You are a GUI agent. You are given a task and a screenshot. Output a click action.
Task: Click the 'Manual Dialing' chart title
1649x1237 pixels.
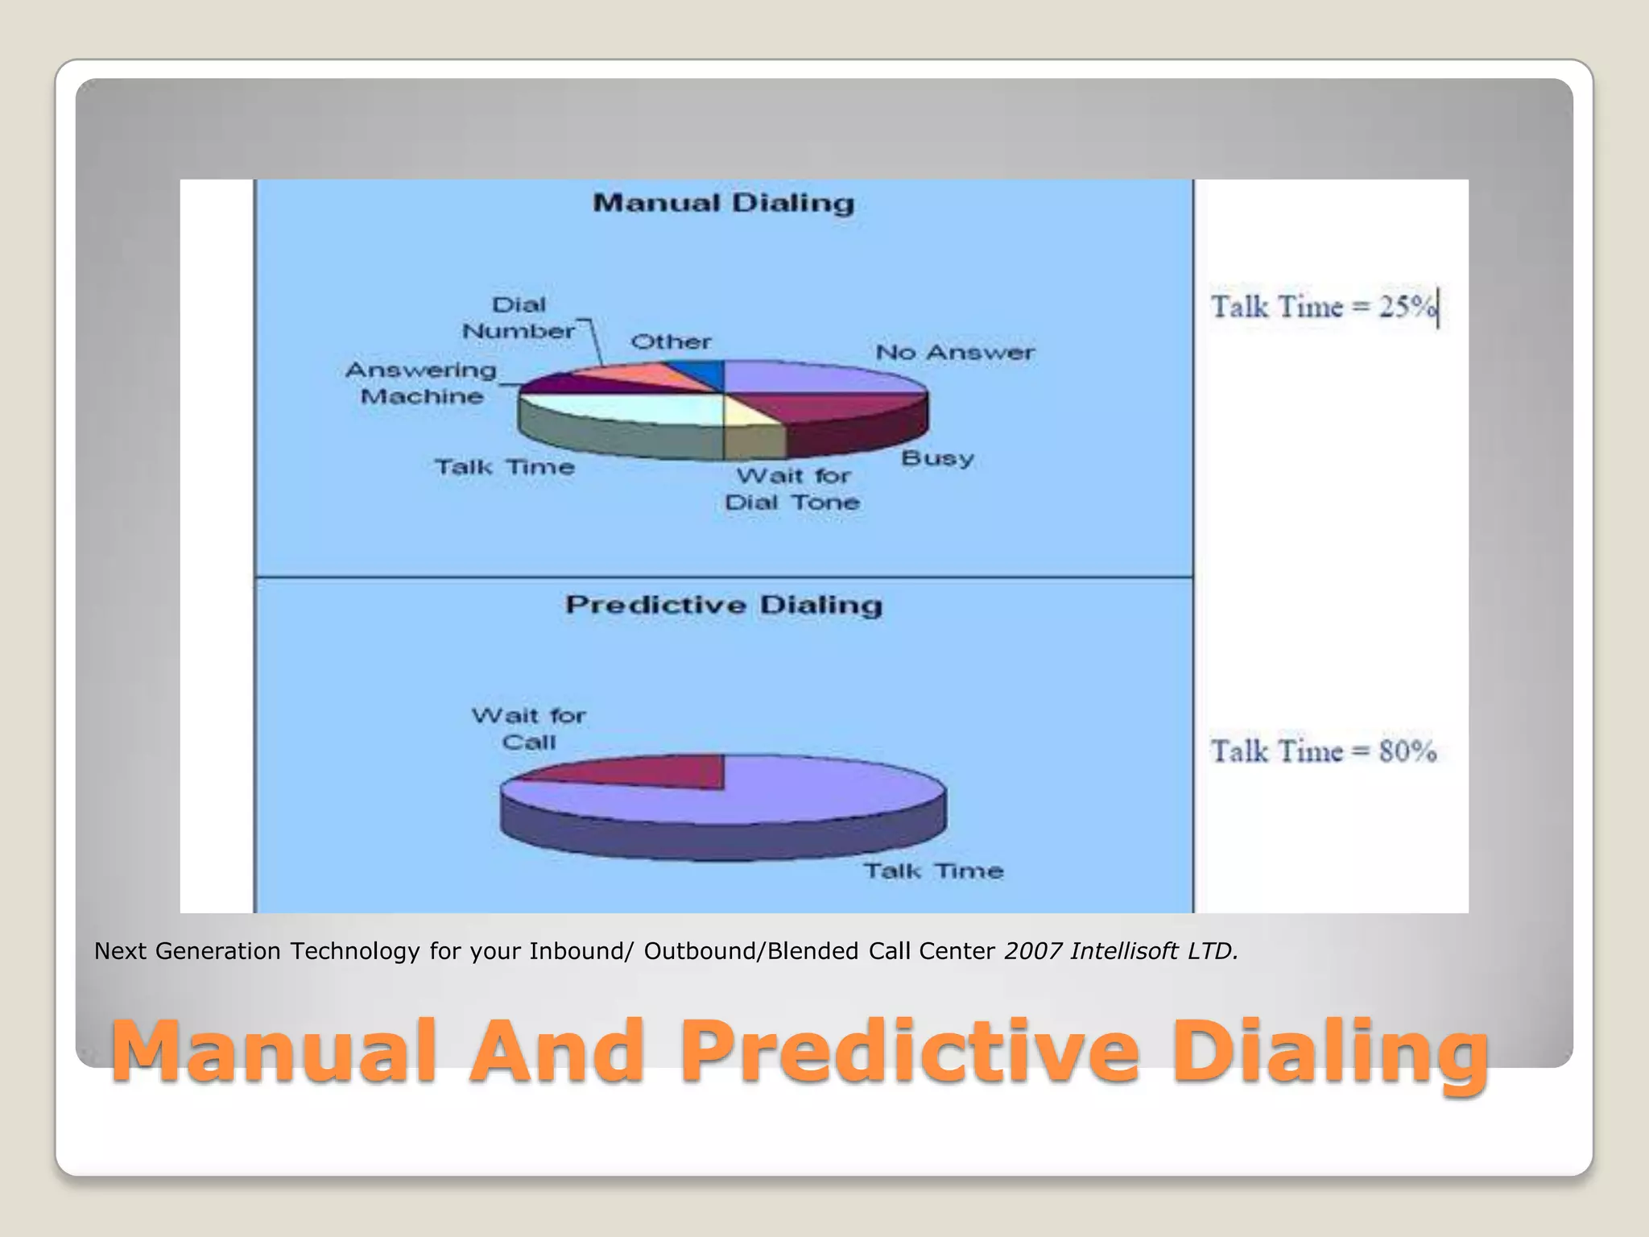point(723,203)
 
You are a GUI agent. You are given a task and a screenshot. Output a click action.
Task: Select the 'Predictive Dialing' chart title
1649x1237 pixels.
point(723,605)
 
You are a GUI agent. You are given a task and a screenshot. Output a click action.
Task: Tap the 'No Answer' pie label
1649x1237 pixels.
point(955,353)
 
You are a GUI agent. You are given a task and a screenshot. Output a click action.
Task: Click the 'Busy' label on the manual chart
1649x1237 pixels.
point(937,458)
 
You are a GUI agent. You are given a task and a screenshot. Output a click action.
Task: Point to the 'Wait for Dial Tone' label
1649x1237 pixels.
point(792,489)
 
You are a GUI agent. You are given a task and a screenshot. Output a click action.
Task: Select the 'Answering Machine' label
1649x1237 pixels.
point(421,383)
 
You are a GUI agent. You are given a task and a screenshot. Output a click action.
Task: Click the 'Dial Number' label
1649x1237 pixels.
point(519,318)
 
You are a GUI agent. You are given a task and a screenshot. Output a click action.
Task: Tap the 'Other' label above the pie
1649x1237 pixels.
point(671,342)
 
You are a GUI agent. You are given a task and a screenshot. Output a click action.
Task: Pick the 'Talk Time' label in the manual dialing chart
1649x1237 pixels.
point(505,467)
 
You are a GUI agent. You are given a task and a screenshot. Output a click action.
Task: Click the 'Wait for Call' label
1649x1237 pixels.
point(529,729)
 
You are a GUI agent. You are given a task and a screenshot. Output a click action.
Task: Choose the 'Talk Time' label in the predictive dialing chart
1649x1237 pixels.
point(933,871)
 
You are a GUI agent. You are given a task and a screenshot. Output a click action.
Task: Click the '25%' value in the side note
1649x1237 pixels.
point(1407,307)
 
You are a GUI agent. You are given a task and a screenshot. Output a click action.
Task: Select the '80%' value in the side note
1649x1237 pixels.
point(1407,751)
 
